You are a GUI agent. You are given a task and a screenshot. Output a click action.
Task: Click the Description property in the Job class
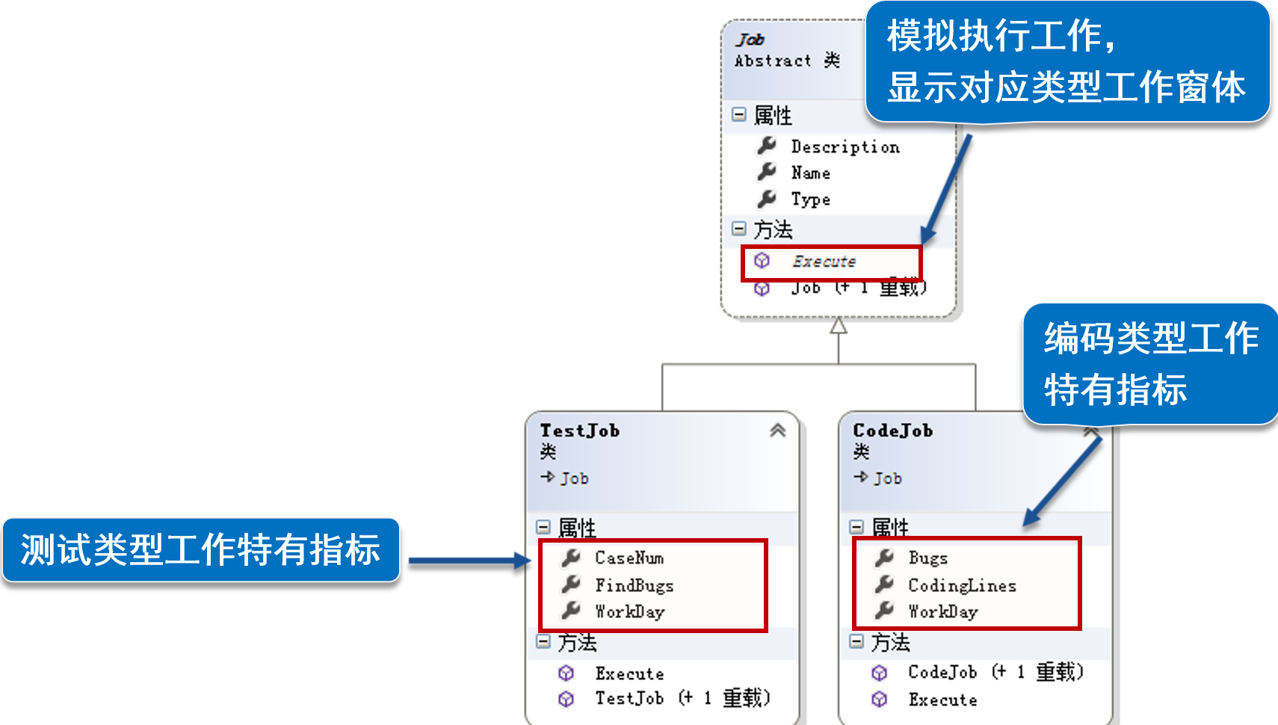coord(845,146)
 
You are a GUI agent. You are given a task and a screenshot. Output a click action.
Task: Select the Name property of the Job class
coord(810,173)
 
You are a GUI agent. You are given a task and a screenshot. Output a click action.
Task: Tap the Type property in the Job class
coord(810,200)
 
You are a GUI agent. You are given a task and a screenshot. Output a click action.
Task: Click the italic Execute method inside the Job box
coord(824,262)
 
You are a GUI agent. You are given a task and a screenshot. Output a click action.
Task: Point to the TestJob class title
coord(579,431)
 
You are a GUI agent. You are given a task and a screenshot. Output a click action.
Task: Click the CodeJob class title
coord(892,431)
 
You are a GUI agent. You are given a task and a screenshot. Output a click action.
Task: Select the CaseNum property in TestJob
coord(629,558)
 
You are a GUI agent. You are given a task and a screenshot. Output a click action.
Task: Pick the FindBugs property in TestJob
coord(634,585)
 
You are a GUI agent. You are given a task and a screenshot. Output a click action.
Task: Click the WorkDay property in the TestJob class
coord(629,611)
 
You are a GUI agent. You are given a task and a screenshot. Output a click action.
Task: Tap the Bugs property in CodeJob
coord(927,558)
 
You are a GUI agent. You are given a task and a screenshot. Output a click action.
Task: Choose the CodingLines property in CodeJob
coord(962,585)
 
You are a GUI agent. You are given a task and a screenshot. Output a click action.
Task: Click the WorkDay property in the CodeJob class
coord(942,611)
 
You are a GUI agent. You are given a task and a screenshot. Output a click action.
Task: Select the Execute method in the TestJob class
coord(629,673)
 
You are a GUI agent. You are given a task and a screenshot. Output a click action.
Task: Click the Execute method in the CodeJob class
coord(942,700)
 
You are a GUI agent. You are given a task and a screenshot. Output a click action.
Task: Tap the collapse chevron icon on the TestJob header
coord(777,431)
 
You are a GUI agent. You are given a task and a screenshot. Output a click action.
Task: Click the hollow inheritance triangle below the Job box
coord(839,327)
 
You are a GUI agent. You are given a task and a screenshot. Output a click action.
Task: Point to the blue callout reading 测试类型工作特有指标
coord(200,550)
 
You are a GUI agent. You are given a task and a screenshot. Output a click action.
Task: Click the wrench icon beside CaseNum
coord(571,558)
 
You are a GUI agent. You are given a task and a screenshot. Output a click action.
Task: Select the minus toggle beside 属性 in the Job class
coord(739,115)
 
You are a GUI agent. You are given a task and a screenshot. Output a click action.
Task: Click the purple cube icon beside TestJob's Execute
coord(567,673)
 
